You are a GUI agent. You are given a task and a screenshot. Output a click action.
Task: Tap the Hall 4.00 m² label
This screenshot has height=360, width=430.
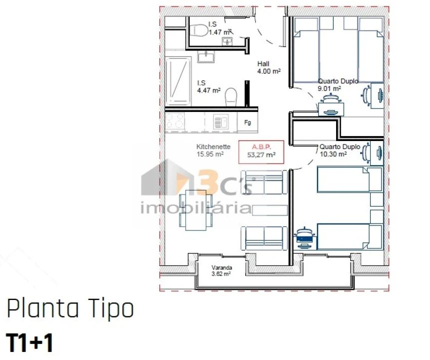pyautogui.click(x=268, y=67)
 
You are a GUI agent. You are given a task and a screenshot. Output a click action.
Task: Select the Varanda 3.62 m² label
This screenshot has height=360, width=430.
pyautogui.click(x=221, y=270)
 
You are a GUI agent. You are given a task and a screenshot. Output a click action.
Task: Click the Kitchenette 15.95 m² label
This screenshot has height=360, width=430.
pyautogui.click(x=213, y=150)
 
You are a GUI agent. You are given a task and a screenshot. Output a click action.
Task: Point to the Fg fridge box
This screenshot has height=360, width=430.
pyautogui.click(x=247, y=122)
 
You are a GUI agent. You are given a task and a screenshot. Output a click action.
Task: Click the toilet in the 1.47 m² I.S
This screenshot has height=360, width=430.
pyautogui.click(x=199, y=30)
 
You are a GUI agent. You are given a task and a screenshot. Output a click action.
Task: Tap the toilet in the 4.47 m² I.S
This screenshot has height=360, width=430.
pyautogui.click(x=231, y=96)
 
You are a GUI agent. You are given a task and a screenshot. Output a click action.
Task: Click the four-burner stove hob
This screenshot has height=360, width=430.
pyautogui.click(x=175, y=121)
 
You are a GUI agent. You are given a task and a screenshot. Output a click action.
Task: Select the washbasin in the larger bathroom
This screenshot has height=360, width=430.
pyautogui.click(x=206, y=56)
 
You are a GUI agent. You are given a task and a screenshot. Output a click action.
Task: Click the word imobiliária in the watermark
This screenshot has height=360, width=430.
pyautogui.click(x=195, y=207)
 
